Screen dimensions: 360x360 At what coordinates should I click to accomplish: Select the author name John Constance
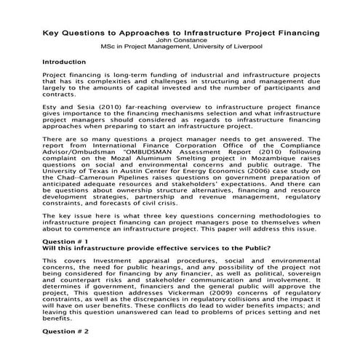coord(179,41)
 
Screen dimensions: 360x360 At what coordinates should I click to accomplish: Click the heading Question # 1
coord(65,241)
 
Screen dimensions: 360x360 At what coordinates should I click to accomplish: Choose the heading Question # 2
coord(65,331)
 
